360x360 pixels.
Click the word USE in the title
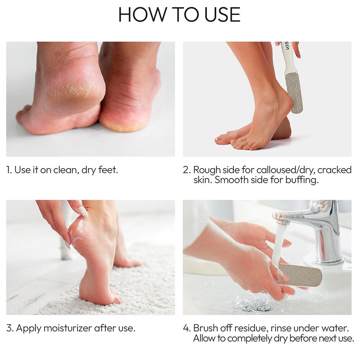[x=222, y=15]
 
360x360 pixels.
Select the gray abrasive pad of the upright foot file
[x=294, y=93]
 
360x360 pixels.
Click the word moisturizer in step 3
[x=68, y=328]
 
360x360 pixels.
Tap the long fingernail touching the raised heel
[x=83, y=211]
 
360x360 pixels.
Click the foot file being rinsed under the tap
[x=299, y=275]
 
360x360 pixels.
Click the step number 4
[x=186, y=328]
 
